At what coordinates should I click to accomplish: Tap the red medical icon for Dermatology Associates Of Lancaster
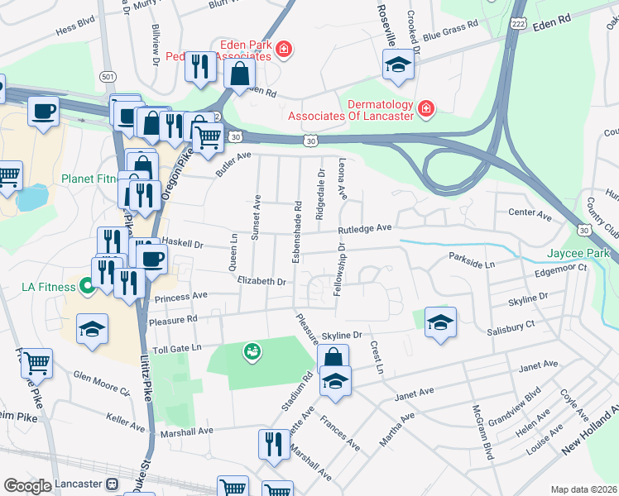pyautogui.click(x=425, y=108)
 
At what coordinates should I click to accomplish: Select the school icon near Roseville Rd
pyautogui.click(x=398, y=66)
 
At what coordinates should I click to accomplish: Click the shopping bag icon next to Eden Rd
pyautogui.click(x=239, y=73)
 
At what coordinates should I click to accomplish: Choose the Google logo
pyautogui.click(x=27, y=485)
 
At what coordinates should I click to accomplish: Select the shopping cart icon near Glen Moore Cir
pyautogui.click(x=36, y=361)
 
